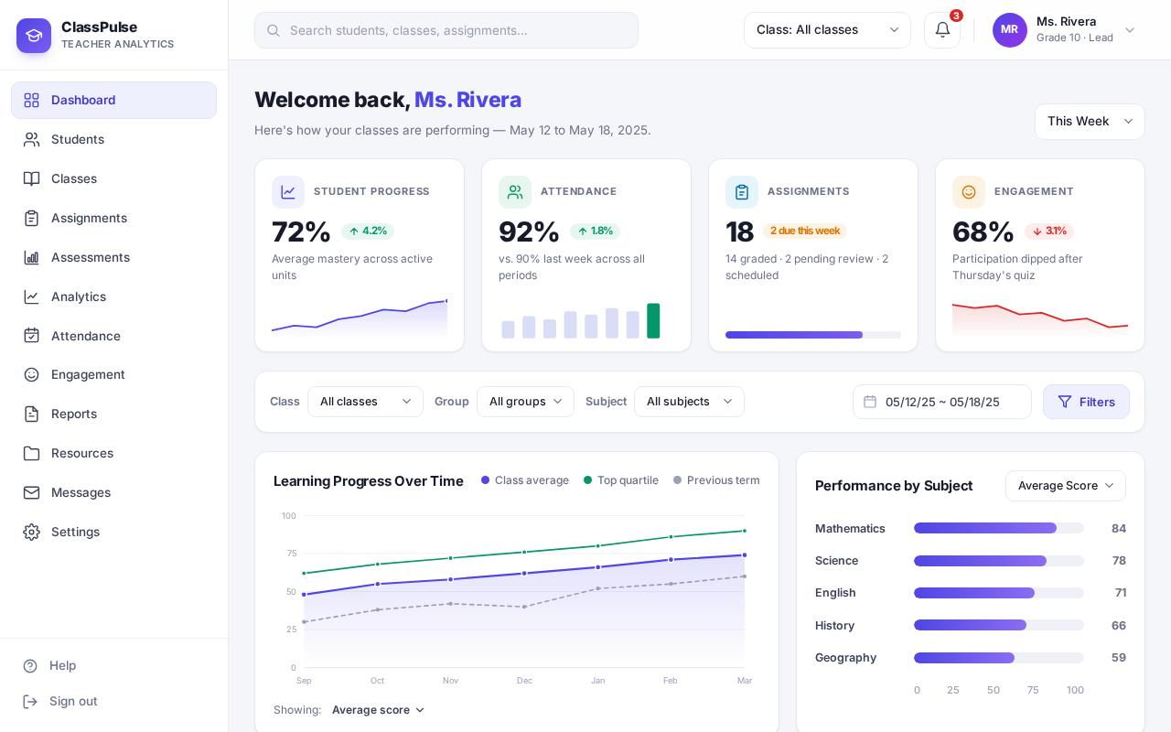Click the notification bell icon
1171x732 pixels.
(942, 30)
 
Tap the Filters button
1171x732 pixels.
(1086, 402)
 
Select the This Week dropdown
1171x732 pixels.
(1090, 122)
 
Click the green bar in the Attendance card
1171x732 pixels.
(653, 320)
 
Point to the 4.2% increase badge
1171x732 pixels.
(368, 231)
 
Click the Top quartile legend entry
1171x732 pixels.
(620, 480)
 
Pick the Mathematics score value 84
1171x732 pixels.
(1118, 528)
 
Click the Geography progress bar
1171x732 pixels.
(998, 657)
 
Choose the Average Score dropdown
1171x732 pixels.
(1066, 486)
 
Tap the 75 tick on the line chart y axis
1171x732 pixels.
(291, 554)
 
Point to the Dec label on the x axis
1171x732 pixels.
(524, 680)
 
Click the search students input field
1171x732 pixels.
(446, 30)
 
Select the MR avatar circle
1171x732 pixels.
(1009, 30)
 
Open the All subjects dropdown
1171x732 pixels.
(689, 402)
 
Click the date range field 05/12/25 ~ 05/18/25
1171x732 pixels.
(942, 402)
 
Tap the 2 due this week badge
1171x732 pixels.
(804, 231)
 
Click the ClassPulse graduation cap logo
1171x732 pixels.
(34, 36)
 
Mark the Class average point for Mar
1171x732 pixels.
(745, 554)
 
